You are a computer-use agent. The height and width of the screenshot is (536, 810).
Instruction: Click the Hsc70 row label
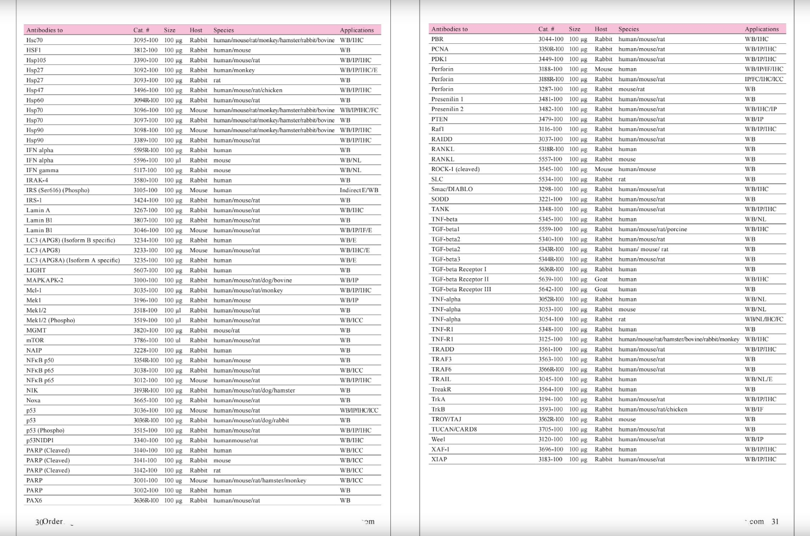[x=35, y=40]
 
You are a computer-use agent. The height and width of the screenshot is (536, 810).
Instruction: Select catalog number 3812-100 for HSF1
[x=146, y=50]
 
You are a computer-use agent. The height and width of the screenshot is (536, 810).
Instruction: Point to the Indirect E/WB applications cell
[x=359, y=190]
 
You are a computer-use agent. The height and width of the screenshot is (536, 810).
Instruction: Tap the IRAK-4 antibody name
[x=37, y=180]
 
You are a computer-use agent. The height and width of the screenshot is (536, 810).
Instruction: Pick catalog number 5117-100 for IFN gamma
[x=145, y=170]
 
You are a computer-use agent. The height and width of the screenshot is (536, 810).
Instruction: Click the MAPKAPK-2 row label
[x=45, y=280]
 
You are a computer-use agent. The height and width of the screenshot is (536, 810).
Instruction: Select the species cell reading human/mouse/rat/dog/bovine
[x=252, y=280]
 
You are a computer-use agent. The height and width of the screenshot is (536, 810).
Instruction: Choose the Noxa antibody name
[x=34, y=401]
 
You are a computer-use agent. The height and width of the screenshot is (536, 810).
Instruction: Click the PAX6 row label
[x=34, y=501]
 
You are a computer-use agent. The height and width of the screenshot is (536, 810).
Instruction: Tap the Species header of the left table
[x=224, y=30]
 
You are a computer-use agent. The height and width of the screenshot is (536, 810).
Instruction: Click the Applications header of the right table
[x=761, y=29]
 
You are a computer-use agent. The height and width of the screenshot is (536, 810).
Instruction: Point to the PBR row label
[x=437, y=39]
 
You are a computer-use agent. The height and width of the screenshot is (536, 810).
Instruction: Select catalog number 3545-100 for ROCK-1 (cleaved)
[x=550, y=169]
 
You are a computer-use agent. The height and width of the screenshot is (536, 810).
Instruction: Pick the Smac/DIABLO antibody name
[x=452, y=189]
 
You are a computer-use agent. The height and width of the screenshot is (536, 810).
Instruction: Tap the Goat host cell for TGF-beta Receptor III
[x=601, y=290]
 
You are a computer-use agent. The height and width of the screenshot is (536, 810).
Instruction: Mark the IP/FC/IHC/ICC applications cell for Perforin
[x=763, y=79]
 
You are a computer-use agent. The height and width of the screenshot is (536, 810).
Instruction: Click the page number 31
[x=775, y=521]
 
